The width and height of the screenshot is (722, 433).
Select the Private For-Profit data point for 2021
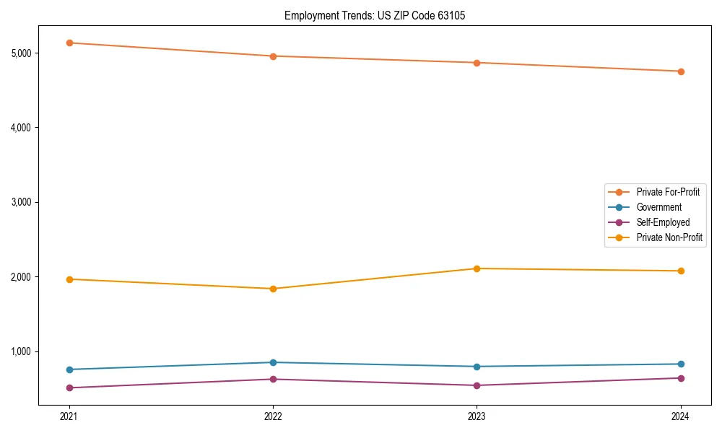tap(69, 43)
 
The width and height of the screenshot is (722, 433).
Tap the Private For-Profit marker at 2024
tap(681, 71)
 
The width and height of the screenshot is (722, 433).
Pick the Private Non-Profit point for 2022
tap(273, 289)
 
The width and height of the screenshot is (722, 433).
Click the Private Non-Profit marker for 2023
tap(477, 268)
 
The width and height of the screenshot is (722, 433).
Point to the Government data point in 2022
tap(273, 362)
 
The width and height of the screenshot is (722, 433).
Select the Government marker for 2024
tap(681, 364)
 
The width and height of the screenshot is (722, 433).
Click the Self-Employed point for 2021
tap(69, 388)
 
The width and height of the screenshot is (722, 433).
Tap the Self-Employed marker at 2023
tap(477, 385)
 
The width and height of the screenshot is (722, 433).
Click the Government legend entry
tap(658, 207)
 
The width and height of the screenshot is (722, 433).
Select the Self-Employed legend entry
tap(663, 222)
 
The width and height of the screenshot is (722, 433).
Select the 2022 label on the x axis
tap(273, 416)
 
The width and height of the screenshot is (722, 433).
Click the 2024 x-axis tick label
tap(681, 416)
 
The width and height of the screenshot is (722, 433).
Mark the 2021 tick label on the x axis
tap(69, 416)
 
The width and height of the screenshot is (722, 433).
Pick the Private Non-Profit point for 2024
tap(681, 271)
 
